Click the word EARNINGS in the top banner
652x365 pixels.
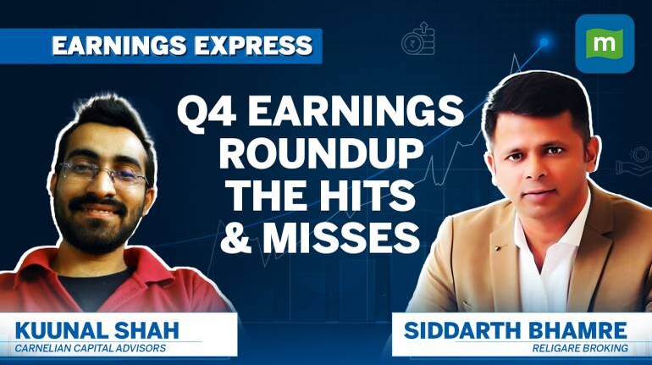119,46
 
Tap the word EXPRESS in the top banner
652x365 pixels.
254,46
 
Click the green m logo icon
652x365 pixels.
605,44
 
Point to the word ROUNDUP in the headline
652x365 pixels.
319,153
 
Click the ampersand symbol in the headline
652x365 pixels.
235,237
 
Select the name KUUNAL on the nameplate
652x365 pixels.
61,331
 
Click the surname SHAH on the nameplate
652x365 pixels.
146,331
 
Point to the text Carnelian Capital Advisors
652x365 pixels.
91,348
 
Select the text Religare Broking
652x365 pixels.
580,348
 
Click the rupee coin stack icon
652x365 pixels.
418,39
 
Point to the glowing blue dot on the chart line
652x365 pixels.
544,41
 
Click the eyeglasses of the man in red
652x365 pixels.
103,173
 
